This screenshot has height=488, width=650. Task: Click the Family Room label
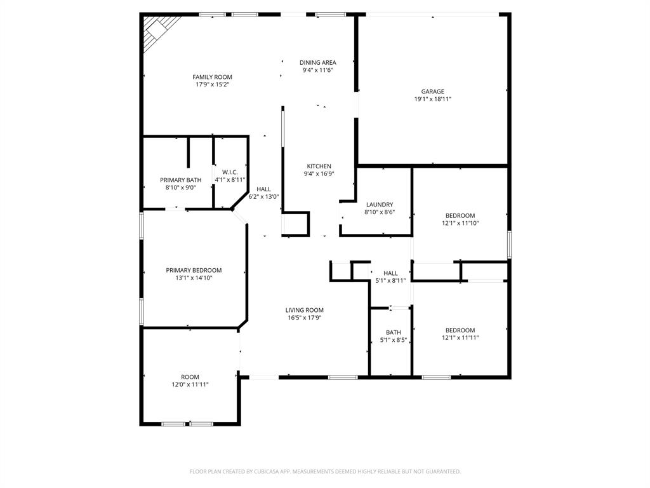(212, 77)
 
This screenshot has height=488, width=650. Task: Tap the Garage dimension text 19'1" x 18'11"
(432, 99)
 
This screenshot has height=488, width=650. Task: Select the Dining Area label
(317, 62)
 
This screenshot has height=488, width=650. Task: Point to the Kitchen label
(319, 166)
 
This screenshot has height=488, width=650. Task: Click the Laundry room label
(379, 205)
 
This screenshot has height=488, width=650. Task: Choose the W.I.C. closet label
(229, 172)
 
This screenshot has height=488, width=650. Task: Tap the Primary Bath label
(180, 180)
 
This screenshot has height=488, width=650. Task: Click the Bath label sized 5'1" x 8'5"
(393, 332)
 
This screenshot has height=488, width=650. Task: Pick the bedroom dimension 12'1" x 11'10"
(460, 223)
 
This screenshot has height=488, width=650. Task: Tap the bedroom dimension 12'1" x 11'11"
(460, 338)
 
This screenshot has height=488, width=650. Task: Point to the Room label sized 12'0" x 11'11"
(190, 377)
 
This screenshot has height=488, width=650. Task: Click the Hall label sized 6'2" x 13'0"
(263, 189)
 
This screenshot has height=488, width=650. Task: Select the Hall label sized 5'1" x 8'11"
(390, 273)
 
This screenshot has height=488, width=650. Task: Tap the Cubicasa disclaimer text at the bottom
(325, 471)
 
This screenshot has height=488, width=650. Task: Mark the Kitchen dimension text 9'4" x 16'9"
(319, 173)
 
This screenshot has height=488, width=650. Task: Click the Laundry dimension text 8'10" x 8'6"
(379, 212)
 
